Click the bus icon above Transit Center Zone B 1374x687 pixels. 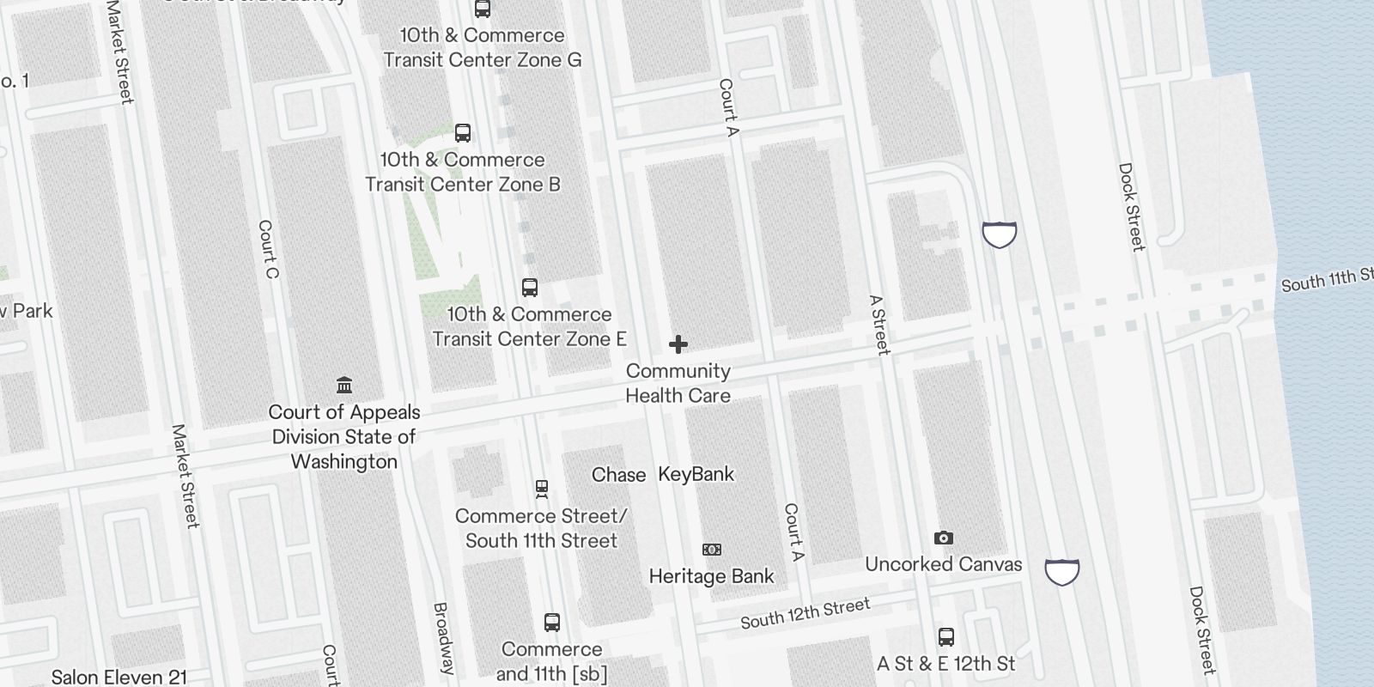tap(463, 133)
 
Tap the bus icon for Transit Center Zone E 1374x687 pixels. tap(530, 288)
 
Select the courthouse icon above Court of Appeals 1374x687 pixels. tap(344, 385)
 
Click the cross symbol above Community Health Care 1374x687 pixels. tap(678, 345)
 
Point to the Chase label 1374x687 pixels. tap(618, 475)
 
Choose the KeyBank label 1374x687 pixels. tap(696, 474)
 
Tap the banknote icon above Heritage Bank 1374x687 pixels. tap(712, 550)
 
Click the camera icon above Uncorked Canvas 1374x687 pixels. tap(944, 538)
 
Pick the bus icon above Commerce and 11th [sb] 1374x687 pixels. tap(552, 623)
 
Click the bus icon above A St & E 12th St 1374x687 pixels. tap(946, 637)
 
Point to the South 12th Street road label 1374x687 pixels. tap(806, 613)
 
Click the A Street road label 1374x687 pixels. tap(879, 325)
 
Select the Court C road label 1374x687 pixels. tap(268, 249)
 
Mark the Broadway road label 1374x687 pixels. tap(443, 638)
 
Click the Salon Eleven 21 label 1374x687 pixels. tap(119, 678)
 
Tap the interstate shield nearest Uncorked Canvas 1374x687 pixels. tap(1062, 571)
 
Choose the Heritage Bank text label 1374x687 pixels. tap(712, 576)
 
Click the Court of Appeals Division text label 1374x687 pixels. tap(344, 436)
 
